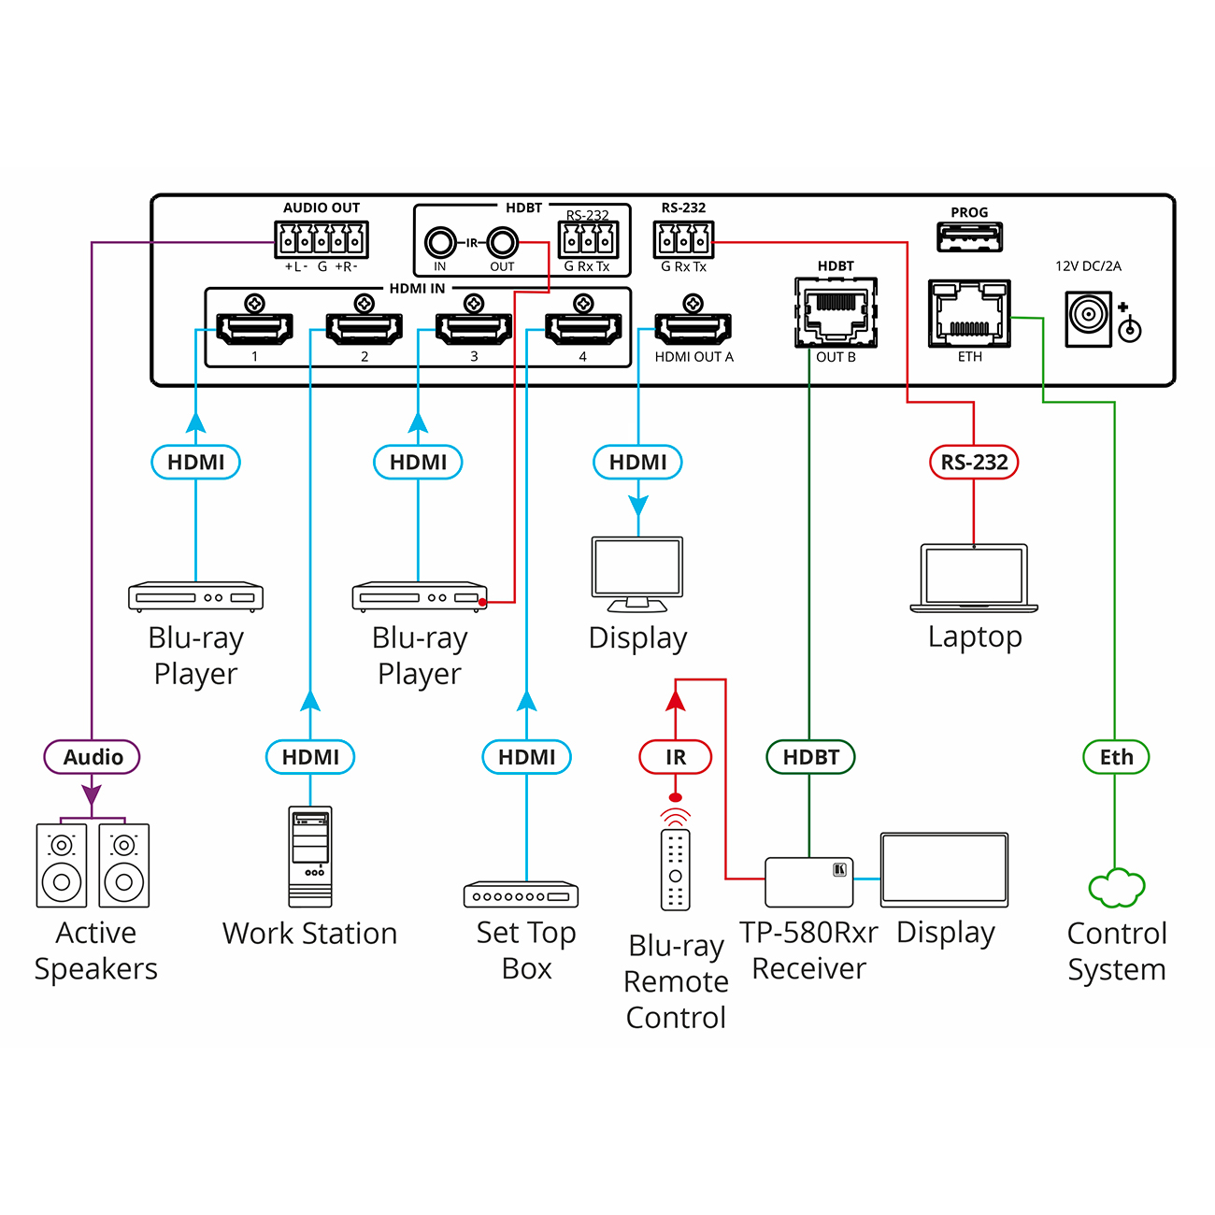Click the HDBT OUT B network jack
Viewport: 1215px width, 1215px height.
click(x=836, y=312)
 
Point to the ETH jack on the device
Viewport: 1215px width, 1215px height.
click(x=969, y=312)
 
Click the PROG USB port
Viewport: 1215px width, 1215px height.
click(x=970, y=237)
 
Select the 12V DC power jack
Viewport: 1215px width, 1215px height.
click(x=1089, y=319)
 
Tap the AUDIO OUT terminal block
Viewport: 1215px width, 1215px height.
click(x=322, y=240)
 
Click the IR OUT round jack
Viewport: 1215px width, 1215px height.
click(x=503, y=243)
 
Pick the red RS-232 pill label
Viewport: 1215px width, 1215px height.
click(x=974, y=462)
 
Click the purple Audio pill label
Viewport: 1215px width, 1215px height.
click(x=92, y=757)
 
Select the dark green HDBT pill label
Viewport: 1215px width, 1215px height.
click(x=810, y=757)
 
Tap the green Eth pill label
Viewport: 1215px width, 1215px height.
click(x=1116, y=757)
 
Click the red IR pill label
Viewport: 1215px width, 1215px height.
click(x=675, y=757)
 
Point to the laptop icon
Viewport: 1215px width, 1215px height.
click(x=974, y=579)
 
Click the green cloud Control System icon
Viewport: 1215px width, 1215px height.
click(x=1117, y=888)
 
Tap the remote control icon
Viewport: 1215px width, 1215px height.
click(x=675, y=869)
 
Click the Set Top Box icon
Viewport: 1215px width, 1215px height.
click(x=522, y=894)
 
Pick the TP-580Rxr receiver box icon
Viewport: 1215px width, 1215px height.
click(x=809, y=882)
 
